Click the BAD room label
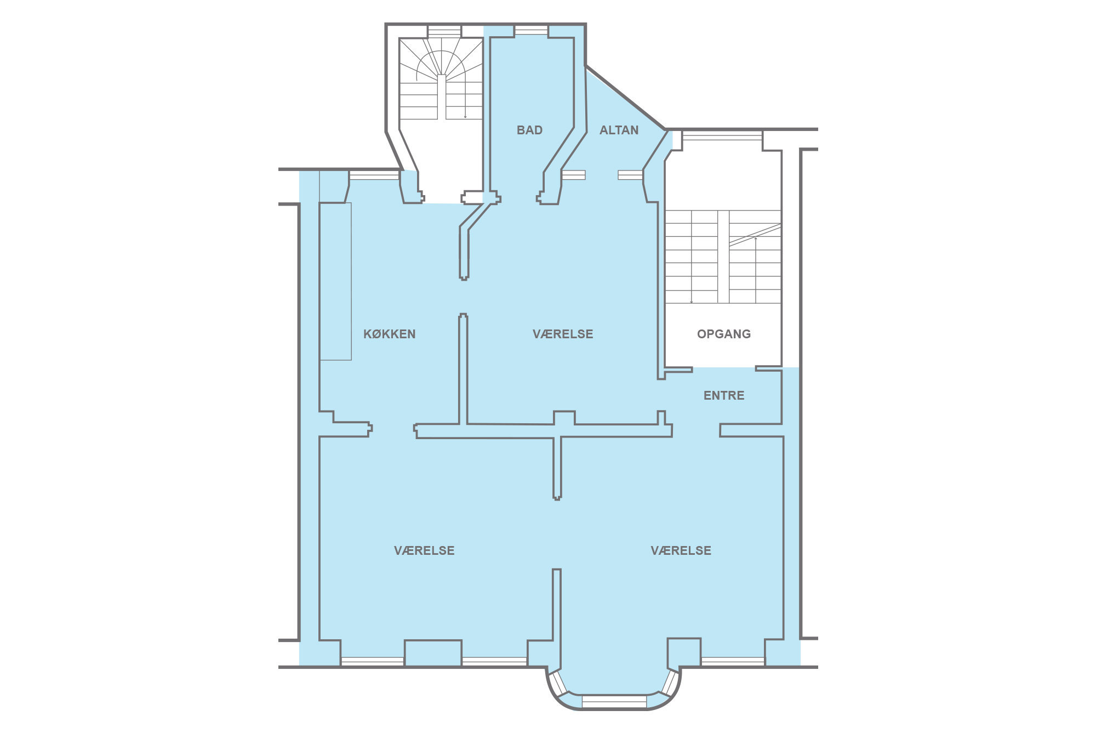[x=529, y=130]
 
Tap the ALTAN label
[x=619, y=130]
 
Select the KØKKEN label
[x=390, y=334]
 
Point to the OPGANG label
[x=724, y=334]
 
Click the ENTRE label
[x=724, y=395]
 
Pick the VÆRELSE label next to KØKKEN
[x=563, y=334]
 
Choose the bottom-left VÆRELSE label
[x=424, y=550]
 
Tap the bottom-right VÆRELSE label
[x=681, y=550]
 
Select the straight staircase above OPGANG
[x=723, y=257]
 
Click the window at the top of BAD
[x=531, y=30]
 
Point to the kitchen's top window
[x=374, y=175]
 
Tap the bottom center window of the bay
[x=614, y=701]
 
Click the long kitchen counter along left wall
[x=335, y=281]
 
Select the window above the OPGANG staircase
[x=722, y=135]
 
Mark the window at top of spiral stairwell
[x=444, y=31]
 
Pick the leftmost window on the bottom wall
[x=373, y=661]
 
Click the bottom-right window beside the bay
[x=733, y=661]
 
